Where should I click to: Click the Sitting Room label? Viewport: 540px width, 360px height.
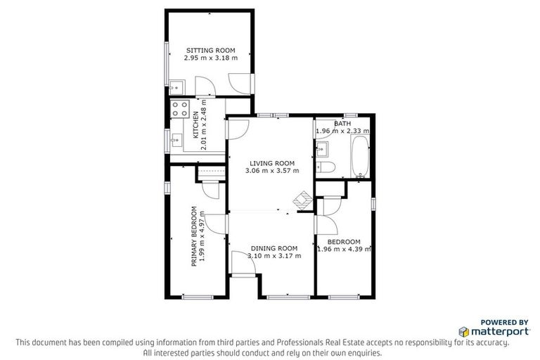click(210, 50)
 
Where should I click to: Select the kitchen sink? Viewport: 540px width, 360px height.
click(175, 141)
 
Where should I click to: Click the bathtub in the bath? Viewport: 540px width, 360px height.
click(359, 157)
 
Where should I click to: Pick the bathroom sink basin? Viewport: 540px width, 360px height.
click(323, 149)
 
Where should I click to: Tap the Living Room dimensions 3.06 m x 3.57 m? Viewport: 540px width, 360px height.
click(272, 171)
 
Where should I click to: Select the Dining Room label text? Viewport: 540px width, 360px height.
click(275, 248)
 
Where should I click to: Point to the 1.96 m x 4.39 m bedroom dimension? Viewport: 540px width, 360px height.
click(345, 249)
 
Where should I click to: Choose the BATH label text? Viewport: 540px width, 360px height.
click(343, 123)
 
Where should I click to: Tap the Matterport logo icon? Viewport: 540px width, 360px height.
click(464, 330)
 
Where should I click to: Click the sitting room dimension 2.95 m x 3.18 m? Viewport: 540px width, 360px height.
click(210, 58)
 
